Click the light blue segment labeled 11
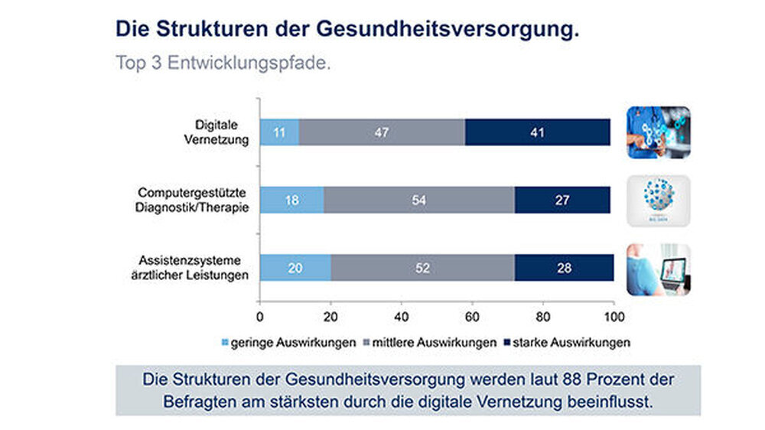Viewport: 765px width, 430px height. [x=279, y=132]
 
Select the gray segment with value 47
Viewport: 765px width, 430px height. [x=382, y=132]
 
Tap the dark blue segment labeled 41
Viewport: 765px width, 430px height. [x=537, y=132]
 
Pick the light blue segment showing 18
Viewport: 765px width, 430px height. [x=291, y=199]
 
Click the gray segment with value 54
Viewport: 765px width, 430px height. [x=418, y=199]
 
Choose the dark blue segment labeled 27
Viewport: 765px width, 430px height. [x=562, y=199]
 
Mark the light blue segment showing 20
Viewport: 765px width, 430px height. [x=295, y=268]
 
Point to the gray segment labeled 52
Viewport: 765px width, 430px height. [x=422, y=268]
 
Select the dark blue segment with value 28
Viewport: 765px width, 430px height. [x=564, y=268]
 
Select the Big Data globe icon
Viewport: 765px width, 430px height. [x=658, y=200]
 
